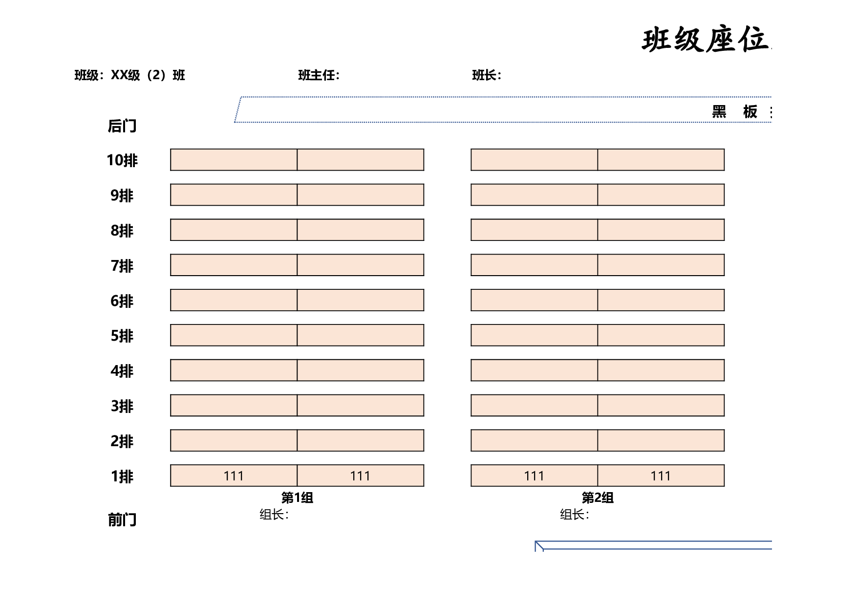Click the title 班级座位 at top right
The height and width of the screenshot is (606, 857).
706,40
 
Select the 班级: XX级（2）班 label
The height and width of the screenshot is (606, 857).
129,75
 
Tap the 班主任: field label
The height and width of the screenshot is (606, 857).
319,75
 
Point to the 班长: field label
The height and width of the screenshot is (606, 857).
487,75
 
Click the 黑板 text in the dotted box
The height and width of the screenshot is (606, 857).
734,112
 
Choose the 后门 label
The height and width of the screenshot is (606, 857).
122,126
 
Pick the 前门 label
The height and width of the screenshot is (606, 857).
122,519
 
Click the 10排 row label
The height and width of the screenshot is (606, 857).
122,160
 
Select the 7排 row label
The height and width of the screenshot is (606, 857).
122,266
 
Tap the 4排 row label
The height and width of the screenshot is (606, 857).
122,371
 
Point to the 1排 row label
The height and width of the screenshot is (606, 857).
122,476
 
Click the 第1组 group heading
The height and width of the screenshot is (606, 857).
297,498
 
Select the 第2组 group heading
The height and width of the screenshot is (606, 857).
598,498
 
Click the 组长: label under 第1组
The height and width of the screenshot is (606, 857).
274,515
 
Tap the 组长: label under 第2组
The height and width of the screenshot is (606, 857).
575,515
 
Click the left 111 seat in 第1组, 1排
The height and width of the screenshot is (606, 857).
234,476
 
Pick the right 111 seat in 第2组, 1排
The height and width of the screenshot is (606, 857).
661,476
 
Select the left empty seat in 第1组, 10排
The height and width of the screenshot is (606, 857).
234,160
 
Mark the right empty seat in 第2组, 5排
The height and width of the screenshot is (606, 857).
661,335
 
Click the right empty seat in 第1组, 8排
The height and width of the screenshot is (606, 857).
361,230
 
